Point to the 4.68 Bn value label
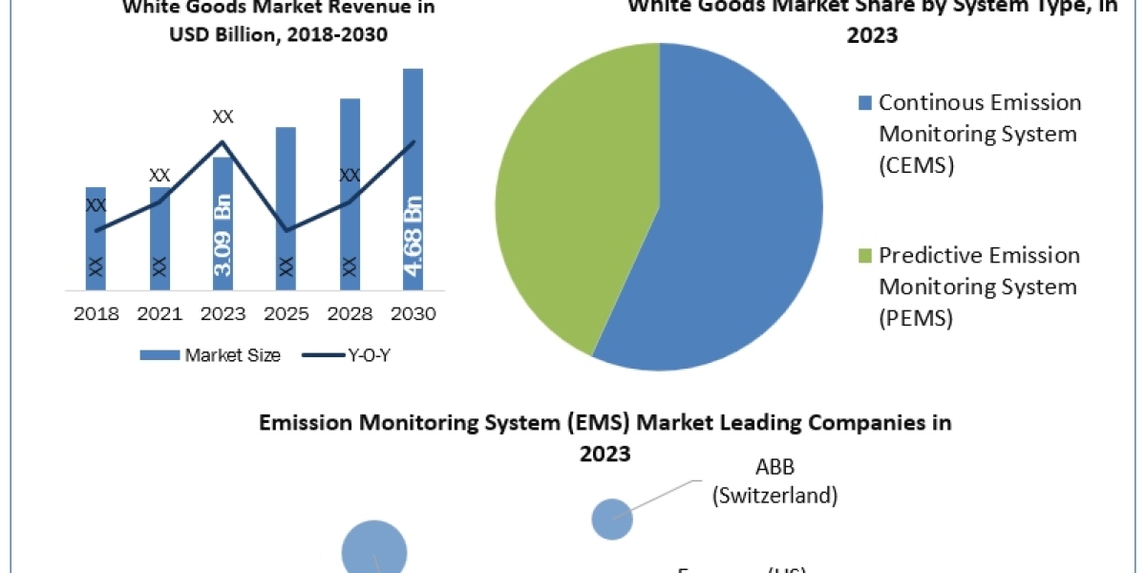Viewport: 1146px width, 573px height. tap(413, 234)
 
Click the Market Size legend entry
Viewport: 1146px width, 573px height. tap(211, 355)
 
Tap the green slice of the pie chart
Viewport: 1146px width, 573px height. tap(563, 191)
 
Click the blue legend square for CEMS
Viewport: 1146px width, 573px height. tap(865, 102)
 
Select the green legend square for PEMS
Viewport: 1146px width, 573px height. tap(865, 255)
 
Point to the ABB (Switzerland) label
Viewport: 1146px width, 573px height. tap(775, 481)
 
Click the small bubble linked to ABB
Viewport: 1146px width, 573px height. tap(612, 520)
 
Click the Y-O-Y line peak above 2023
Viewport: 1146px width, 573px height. tap(223, 142)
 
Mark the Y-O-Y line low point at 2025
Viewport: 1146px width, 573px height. tap(286, 230)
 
